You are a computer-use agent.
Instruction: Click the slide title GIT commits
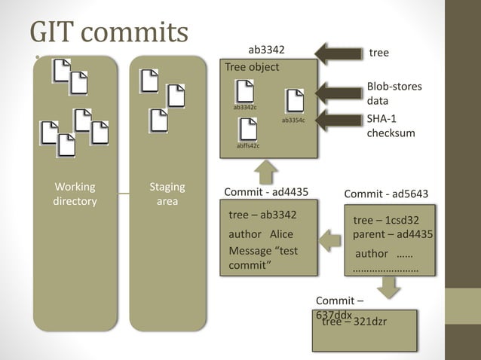point(109,32)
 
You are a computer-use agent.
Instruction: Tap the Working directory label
point(75,194)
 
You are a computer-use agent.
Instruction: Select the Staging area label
point(167,194)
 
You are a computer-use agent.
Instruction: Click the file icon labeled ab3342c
point(245,91)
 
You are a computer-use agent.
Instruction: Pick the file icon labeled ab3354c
point(294,102)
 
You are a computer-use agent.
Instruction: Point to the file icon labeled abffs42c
point(247,129)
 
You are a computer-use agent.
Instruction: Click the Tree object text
point(252,67)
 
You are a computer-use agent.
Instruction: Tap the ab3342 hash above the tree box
point(266,50)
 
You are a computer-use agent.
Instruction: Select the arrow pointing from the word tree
point(338,53)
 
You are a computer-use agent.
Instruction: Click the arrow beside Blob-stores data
point(338,93)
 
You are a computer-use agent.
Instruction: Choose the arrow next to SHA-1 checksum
point(338,119)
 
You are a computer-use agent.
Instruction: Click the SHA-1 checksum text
point(391,126)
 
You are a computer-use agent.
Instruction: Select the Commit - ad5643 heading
point(386,194)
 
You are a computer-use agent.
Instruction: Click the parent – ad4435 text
point(392,234)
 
